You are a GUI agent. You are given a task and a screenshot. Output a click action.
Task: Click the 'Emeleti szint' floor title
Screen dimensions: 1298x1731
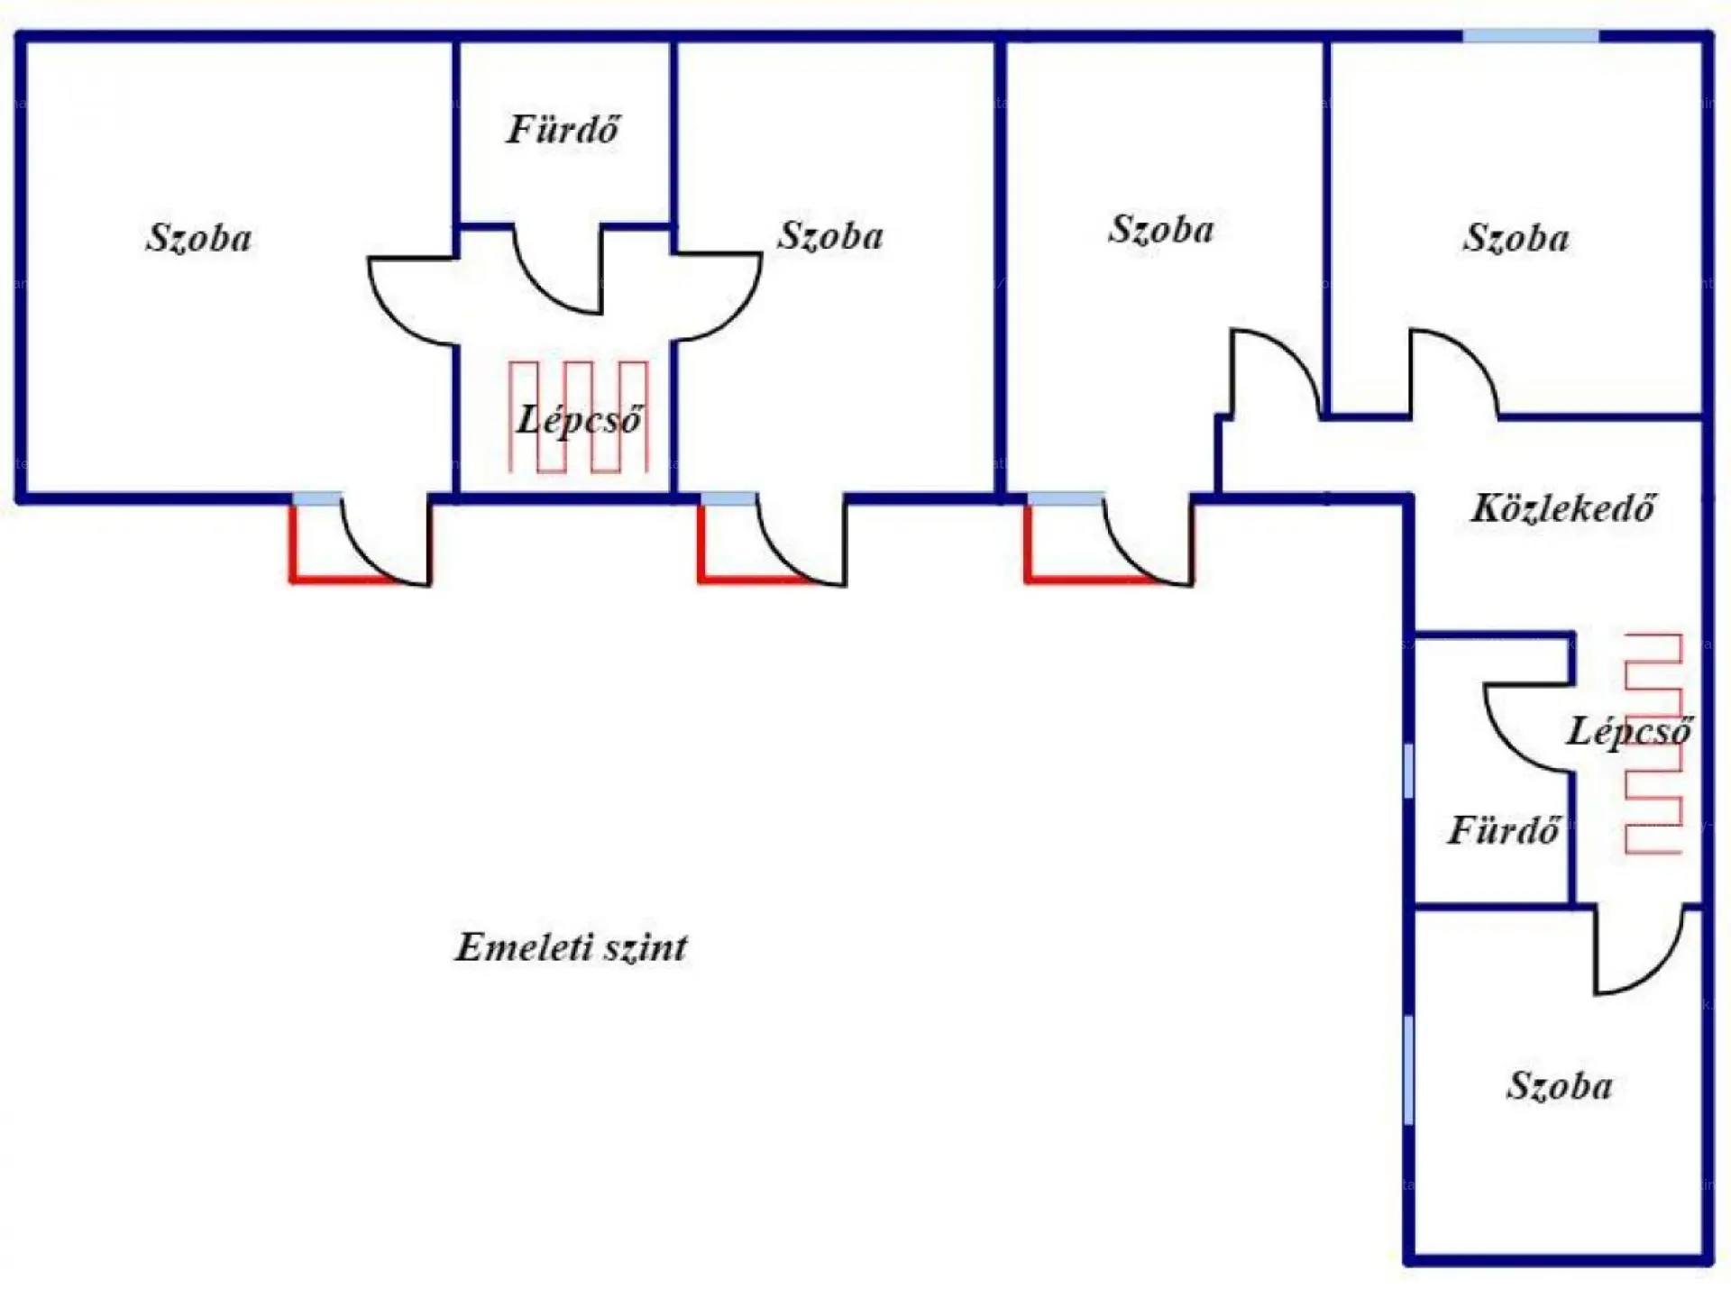click(571, 947)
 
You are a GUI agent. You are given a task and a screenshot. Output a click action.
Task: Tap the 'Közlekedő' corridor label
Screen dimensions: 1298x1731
click(1562, 508)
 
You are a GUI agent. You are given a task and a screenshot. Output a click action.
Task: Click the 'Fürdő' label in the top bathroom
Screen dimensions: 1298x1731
click(563, 130)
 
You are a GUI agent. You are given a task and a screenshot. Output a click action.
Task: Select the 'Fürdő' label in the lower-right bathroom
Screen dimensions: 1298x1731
click(1503, 830)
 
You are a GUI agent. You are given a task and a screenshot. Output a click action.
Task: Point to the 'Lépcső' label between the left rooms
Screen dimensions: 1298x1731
click(579, 420)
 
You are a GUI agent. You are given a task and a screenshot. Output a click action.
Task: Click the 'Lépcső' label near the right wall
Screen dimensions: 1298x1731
click(1628, 731)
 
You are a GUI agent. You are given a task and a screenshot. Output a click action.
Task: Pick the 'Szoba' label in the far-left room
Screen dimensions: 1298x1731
click(198, 238)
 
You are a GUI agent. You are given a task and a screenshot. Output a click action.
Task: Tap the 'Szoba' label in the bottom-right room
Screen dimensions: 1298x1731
click(1559, 1086)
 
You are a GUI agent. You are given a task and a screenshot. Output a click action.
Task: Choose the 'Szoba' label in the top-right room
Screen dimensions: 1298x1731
click(1516, 238)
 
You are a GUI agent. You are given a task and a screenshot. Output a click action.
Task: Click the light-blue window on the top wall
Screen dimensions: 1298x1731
click(1530, 36)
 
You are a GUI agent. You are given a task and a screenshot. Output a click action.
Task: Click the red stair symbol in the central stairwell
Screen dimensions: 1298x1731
click(578, 416)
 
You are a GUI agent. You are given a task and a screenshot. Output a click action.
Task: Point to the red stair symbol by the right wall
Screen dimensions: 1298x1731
click(1653, 745)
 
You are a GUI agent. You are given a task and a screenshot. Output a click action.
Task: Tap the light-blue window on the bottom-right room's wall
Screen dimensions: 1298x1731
click(1408, 1070)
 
